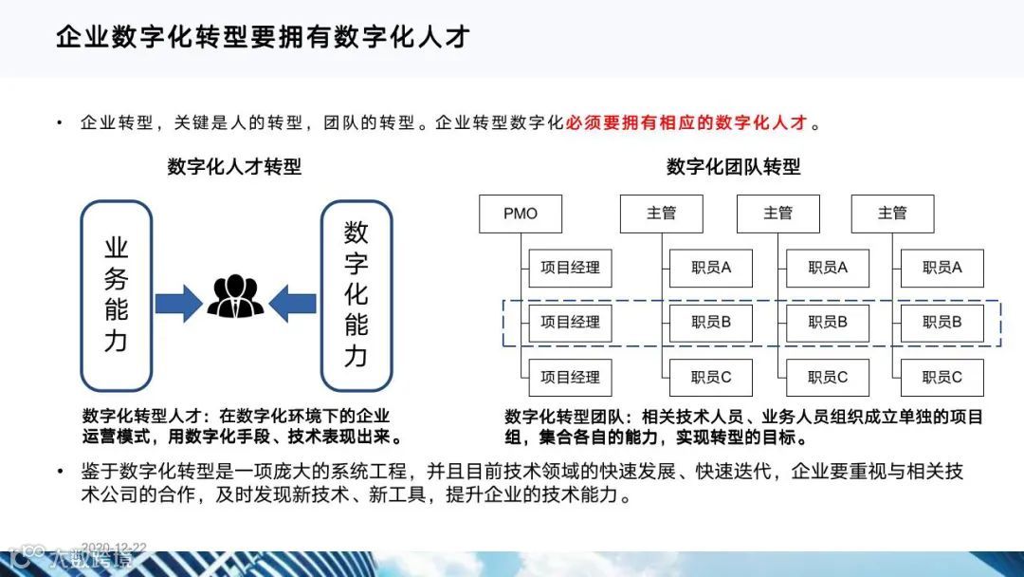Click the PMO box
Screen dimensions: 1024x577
[x=521, y=214]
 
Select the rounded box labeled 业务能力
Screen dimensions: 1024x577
[x=116, y=294]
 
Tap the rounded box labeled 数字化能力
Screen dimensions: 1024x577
[x=356, y=294]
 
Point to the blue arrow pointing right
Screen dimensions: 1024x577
[x=178, y=304]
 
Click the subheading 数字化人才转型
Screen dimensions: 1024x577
[x=234, y=167]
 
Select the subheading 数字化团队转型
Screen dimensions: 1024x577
[x=734, y=167]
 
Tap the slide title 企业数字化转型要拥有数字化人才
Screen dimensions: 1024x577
[x=263, y=38]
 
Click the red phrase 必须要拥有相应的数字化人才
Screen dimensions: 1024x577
[x=686, y=123]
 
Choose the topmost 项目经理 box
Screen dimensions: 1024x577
[x=570, y=269]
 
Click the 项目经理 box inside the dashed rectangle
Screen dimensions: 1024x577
[x=570, y=323]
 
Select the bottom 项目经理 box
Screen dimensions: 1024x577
[x=570, y=378]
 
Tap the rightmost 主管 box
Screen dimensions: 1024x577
[x=892, y=214]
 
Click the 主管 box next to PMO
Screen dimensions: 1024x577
[x=661, y=214]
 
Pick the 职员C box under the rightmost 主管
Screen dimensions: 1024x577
[x=942, y=378]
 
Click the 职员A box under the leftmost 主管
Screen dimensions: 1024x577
[x=710, y=269]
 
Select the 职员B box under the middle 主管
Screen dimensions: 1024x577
[x=827, y=323]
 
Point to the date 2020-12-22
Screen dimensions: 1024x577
[x=114, y=548]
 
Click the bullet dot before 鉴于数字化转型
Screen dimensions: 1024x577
[x=61, y=472]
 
